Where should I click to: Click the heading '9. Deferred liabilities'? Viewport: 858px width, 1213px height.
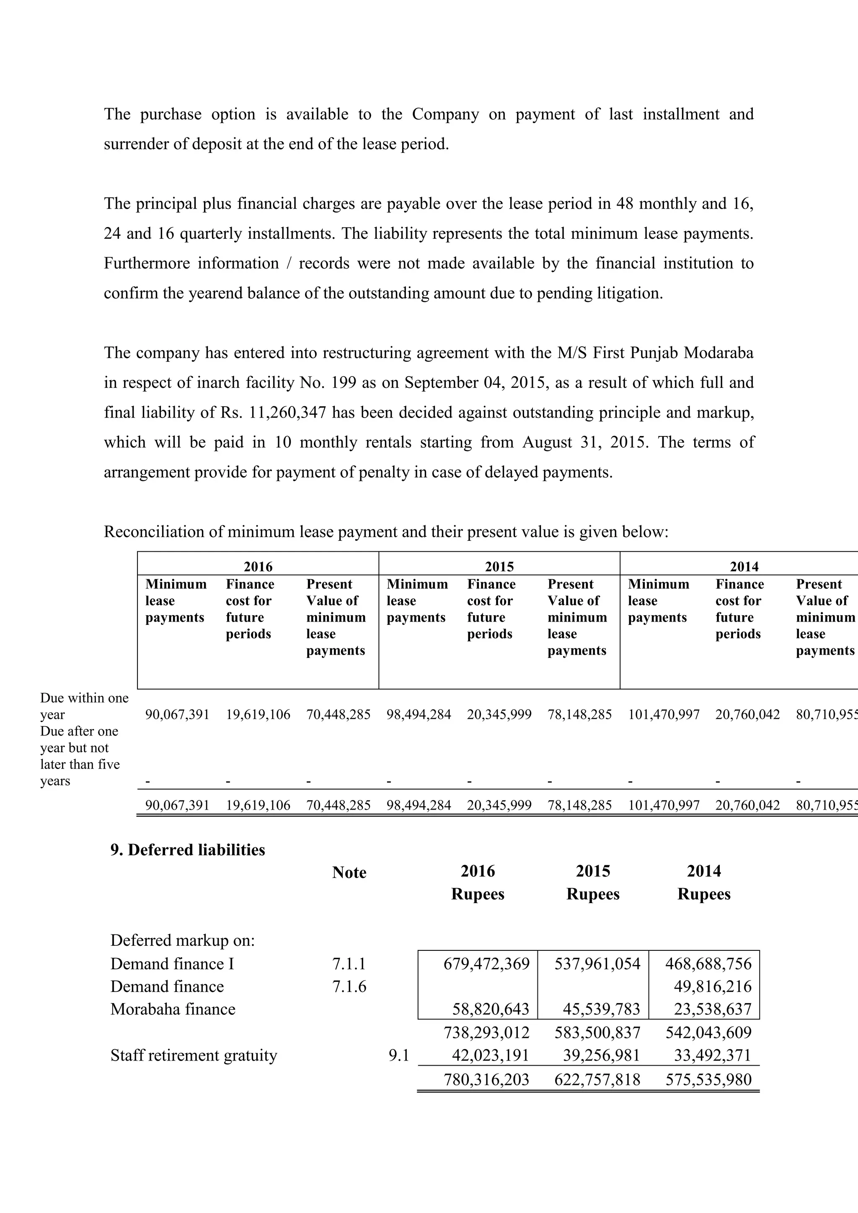[188, 850]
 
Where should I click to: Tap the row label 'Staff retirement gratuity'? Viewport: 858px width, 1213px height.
[194, 1056]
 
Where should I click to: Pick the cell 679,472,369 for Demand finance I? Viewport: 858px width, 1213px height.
[486, 964]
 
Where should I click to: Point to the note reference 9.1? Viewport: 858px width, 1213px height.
[399, 1056]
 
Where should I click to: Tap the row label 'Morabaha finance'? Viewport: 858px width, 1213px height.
[173, 1009]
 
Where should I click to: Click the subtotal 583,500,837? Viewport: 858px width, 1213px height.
[597, 1032]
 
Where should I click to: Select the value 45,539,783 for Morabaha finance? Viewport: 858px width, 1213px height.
[601, 1009]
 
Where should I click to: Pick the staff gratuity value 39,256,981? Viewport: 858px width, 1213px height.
[601, 1056]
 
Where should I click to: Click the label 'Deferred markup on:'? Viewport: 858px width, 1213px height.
[182, 940]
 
